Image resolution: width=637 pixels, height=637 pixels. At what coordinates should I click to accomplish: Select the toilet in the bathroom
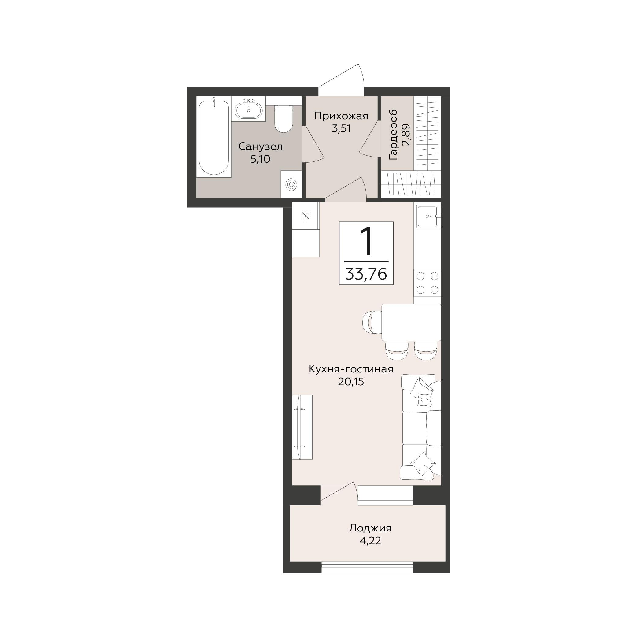click(283, 119)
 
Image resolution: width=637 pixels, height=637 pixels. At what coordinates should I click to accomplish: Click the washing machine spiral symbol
click(291, 184)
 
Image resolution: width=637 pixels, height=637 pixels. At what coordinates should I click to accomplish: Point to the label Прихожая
click(341, 116)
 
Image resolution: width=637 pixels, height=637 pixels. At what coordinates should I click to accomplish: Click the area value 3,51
click(341, 128)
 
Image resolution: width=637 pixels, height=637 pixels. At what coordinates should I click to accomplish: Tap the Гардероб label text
click(393, 135)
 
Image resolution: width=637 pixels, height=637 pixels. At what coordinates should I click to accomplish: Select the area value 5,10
click(261, 159)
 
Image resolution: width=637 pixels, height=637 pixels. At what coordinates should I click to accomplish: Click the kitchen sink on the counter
click(428, 216)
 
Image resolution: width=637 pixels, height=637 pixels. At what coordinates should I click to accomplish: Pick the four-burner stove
click(428, 283)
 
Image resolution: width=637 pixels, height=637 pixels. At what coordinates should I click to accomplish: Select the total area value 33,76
click(366, 274)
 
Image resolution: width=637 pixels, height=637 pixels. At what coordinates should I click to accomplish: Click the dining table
click(411, 322)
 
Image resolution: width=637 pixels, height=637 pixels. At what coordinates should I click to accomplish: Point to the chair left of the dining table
click(372, 322)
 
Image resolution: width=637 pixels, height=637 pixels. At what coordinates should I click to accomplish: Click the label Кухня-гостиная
click(351, 369)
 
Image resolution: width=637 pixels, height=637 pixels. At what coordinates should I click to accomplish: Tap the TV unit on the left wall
click(302, 427)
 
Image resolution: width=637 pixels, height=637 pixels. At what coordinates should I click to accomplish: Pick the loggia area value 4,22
click(370, 541)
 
